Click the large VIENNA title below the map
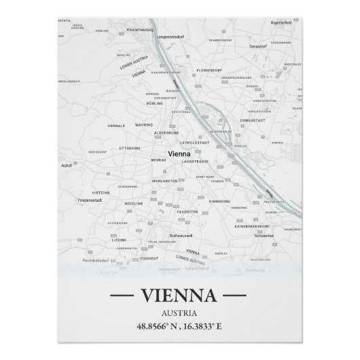click(x=179, y=296)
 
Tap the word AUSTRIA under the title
click(x=179, y=313)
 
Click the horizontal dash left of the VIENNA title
click(x=122, y=297)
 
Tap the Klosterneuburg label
click(x=143, y=30)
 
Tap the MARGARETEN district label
click(x=164, y=181)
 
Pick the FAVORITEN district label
click(x=187, y=211)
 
